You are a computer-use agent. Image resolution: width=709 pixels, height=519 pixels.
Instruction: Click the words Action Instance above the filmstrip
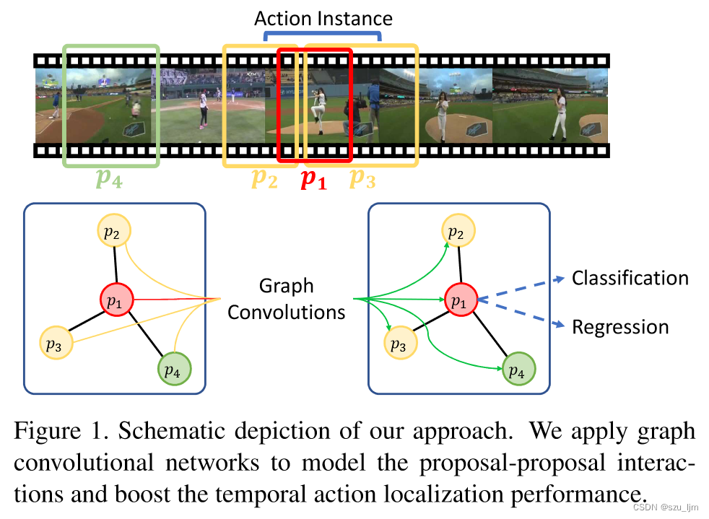(323, 18)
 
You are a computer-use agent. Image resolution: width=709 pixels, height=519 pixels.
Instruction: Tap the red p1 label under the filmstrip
(313, 180)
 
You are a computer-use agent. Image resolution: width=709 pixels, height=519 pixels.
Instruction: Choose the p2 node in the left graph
(114, 232)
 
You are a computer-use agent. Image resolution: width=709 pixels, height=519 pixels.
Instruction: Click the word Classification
(630, 278)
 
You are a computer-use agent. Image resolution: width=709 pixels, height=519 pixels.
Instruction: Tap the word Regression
(620, 327)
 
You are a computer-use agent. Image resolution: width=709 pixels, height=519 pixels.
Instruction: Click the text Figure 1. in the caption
(58, 432)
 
